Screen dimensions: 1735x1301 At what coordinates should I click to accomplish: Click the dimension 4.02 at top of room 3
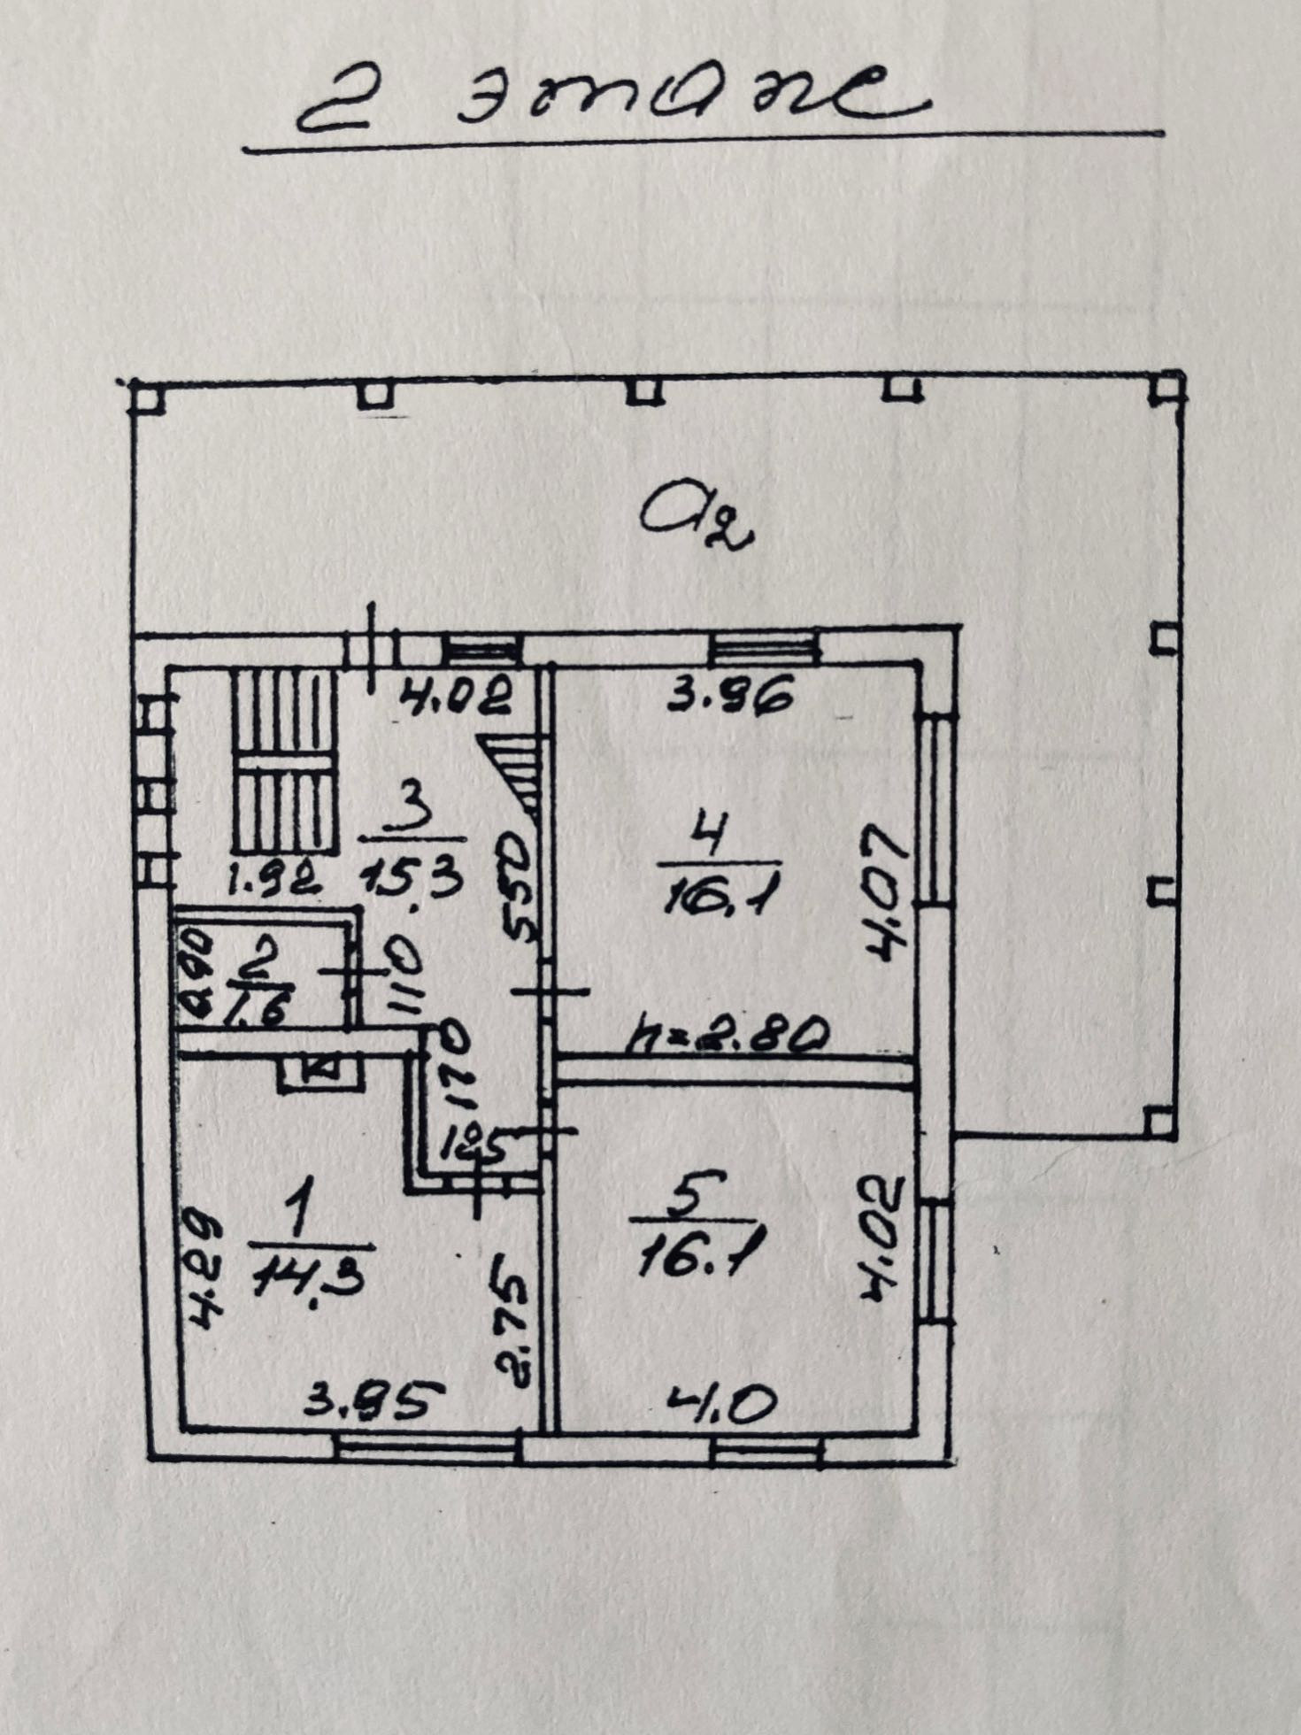coord(456,697)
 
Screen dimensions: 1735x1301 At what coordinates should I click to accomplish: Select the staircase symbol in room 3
coord(285,761)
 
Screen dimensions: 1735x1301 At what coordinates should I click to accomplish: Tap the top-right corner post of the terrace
coord(1167,389)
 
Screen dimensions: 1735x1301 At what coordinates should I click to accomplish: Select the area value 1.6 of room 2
coord(258,1007)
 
